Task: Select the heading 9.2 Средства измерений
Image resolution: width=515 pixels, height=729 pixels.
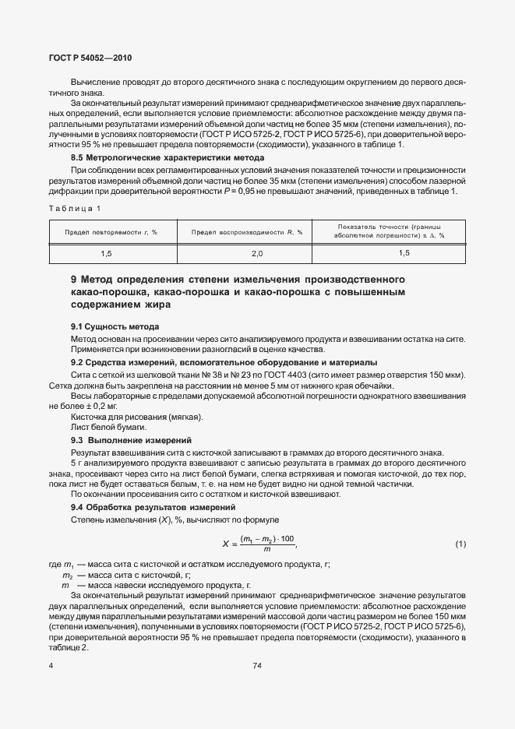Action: point(213,362)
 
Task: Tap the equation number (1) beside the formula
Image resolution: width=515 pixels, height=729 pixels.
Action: point(460,543)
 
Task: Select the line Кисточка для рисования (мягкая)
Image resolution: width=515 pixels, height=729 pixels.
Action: point(125,417)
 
